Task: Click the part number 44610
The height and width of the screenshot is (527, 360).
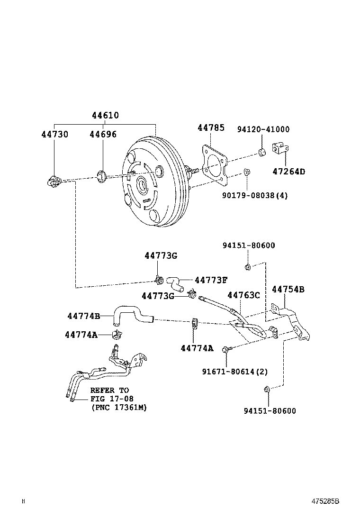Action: [105, 115]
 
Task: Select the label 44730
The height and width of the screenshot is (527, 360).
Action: [54, 134]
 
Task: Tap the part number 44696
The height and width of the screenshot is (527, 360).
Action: [103, 134]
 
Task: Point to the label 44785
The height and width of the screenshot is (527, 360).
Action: [211, 127]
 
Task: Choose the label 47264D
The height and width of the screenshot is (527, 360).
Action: [288, 172]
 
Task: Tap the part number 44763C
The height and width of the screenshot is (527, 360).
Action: [243, 295]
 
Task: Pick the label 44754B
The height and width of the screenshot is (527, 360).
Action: [288, 289]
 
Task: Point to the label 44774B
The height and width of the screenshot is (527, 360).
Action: [83, 316]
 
